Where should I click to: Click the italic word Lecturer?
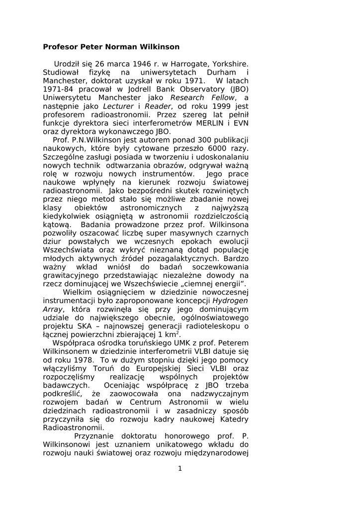(119, 106)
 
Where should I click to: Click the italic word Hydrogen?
(230, 301)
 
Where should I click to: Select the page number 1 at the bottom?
(180, 468)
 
